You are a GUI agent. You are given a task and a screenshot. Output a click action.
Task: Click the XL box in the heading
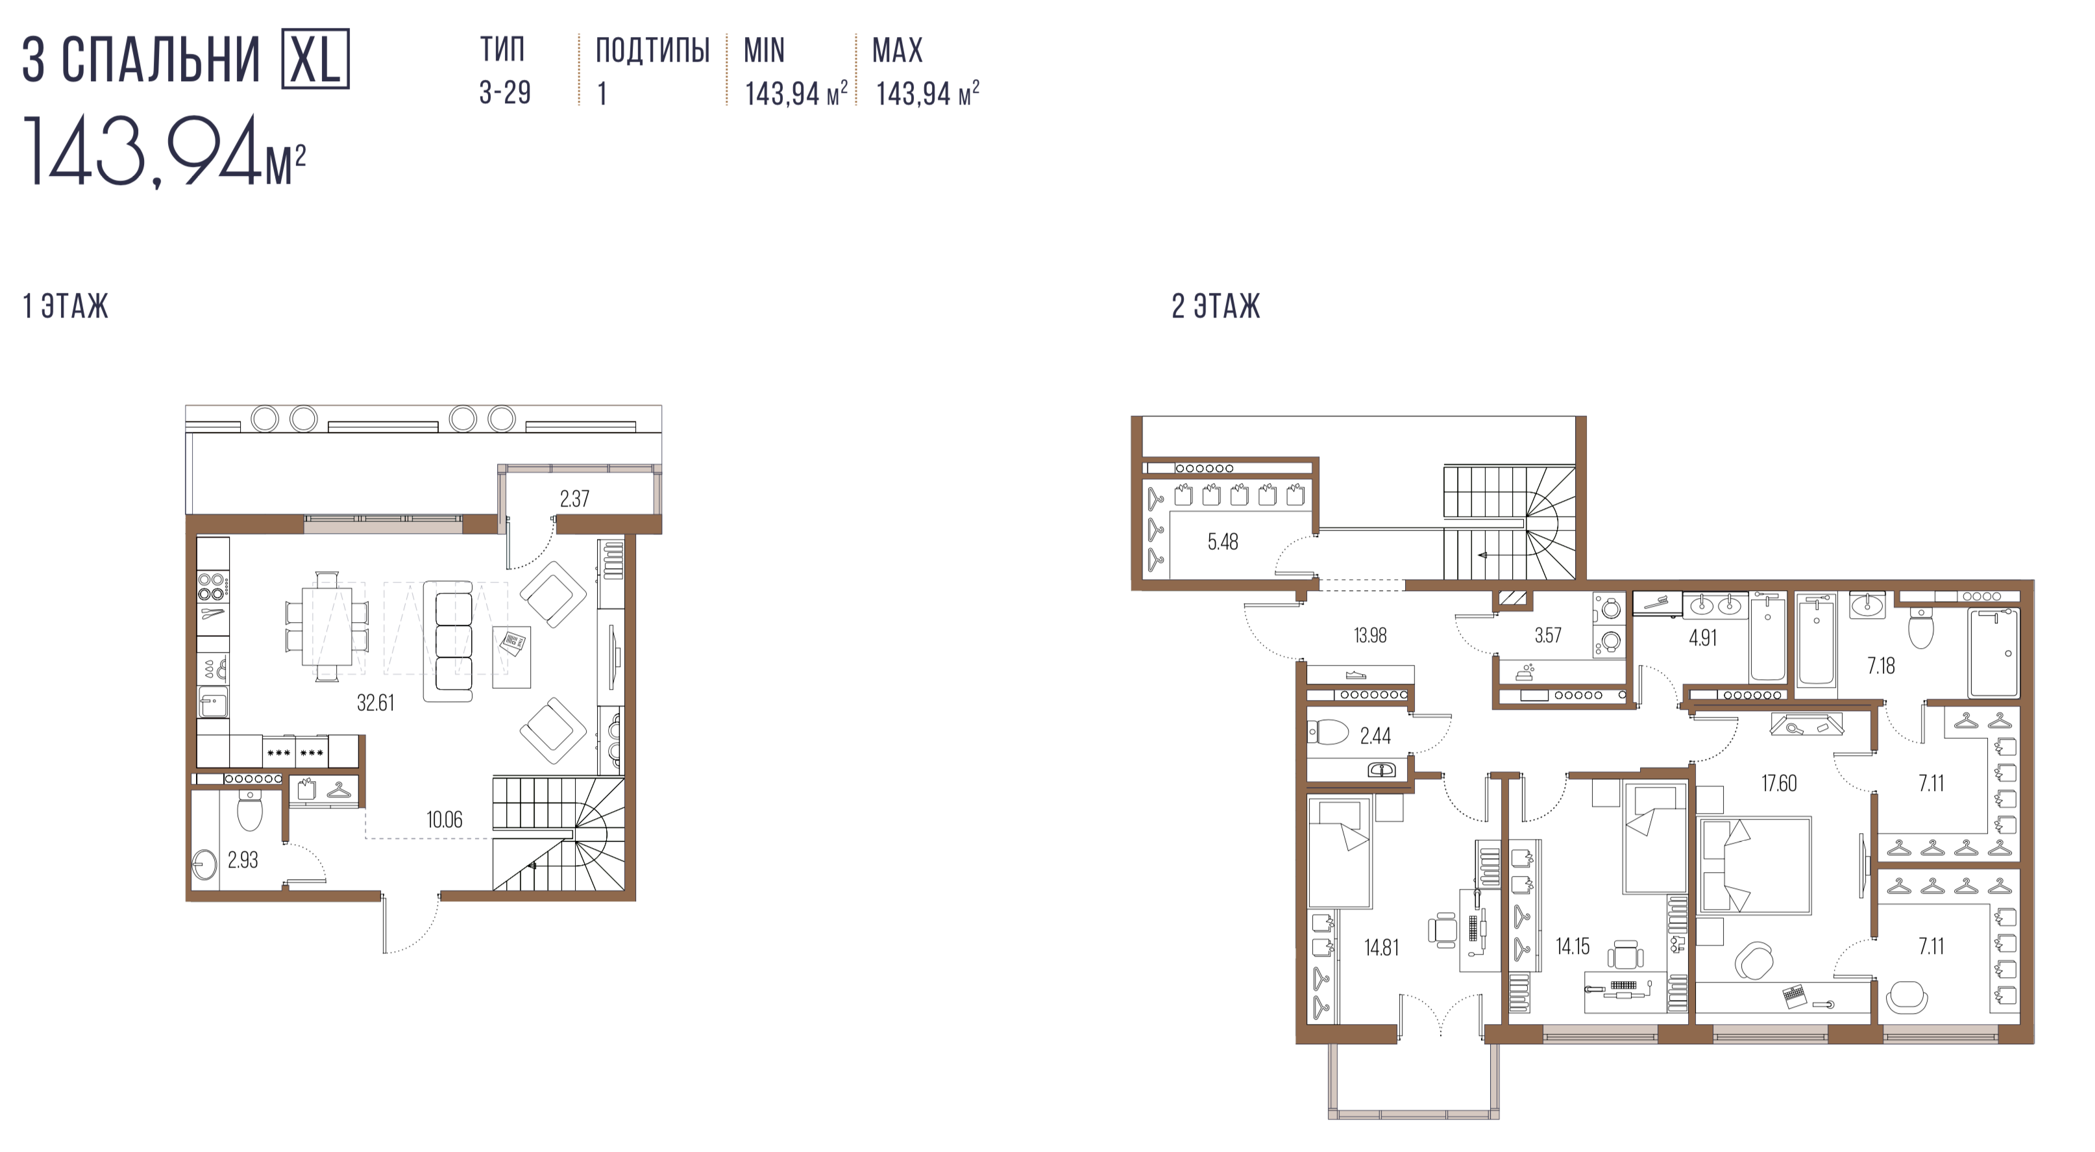(315, 58)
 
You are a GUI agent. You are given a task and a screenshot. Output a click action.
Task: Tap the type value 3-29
(505, 93)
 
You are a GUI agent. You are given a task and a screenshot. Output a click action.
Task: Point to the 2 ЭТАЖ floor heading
(1216, 307)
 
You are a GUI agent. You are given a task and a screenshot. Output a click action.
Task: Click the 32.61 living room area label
(376, 703)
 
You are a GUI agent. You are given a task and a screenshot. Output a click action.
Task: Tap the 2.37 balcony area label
(574, 499)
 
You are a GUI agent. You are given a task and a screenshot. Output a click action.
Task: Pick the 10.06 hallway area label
(444, 820)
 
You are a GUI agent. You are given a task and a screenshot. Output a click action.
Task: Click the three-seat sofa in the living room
(447, 641)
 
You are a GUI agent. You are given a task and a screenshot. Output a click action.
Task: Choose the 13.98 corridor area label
(1370, 635)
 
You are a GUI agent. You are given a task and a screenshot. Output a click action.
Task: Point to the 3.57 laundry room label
(1548, 635)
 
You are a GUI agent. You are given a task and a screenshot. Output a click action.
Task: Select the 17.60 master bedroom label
(1779, 783)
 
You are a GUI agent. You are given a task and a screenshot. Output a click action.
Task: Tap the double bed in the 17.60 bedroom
(1754, 865)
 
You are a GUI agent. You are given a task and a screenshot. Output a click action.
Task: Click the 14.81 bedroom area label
(1381, 948)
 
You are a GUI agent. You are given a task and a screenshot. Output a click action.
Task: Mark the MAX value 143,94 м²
(927, 94)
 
